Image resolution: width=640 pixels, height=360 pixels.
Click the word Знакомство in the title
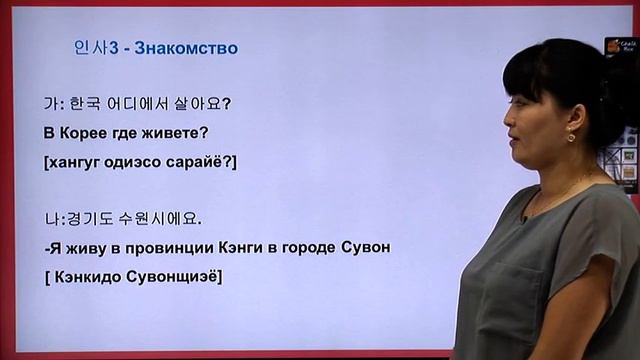click(x=186, y=48)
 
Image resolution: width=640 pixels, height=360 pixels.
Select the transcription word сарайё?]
click(x=200, y=161)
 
